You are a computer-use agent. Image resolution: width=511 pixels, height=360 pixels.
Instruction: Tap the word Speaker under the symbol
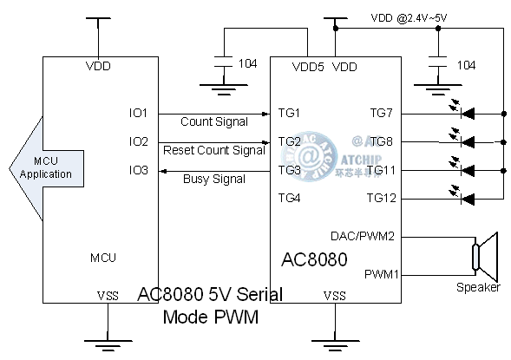[478, 287]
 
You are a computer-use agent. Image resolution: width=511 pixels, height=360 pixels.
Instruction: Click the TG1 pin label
[289, 114]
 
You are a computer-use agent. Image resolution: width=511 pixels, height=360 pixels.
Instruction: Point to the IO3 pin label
[138, 170]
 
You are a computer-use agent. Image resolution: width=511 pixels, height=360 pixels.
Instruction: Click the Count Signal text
[213, 121]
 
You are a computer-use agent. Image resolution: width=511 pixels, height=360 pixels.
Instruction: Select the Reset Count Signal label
[213, 150]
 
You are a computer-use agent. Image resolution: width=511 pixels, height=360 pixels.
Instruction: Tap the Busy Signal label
[213, 179]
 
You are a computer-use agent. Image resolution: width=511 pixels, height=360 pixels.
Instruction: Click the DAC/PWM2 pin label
[363, 235]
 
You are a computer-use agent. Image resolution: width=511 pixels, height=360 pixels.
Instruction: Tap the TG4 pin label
[289, 199]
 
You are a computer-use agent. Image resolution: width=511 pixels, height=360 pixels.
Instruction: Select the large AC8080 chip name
[314, 260]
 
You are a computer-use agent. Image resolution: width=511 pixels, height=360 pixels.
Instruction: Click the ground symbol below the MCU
[107, 345]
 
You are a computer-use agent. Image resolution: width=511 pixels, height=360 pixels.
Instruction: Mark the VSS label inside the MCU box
[108, 296]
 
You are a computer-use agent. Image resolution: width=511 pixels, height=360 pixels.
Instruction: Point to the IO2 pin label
[138, 141]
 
